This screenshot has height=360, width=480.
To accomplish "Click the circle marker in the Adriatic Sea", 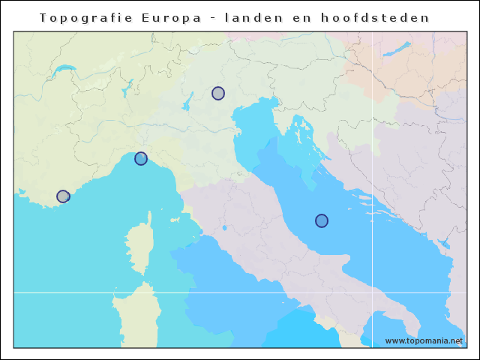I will tap(322, 220).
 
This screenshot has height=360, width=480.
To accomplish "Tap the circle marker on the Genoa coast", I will tap(141, 158).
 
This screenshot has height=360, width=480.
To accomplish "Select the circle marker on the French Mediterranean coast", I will tap(63, 196).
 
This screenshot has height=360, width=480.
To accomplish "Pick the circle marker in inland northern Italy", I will tap(218, 93).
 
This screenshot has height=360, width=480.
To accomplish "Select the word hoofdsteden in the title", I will tap(382, 17).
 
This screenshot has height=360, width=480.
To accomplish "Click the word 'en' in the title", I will tap(313, 17).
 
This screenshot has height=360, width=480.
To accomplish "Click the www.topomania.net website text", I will tap(424, 340).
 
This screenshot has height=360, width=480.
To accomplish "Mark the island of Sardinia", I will tap(139, 315).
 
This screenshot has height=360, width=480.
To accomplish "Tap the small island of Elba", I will tap(175, 220).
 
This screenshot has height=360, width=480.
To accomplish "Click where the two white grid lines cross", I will tap(372, 292).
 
